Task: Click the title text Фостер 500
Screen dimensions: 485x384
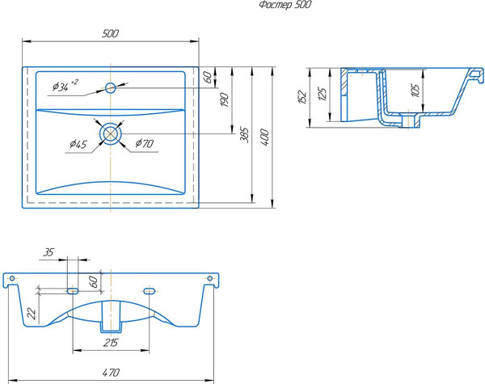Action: [x=285, y=5]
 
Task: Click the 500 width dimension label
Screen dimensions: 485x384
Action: [x=110, y=33]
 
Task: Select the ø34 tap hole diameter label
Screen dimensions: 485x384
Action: [x=65, y=86]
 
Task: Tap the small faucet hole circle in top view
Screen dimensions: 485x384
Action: [x=111, y=88]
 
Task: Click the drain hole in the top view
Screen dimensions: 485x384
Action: [x=110, y=133]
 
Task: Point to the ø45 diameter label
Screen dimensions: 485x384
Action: [x=78, y=144]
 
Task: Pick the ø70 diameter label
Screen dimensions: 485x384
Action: [x=144, y=143]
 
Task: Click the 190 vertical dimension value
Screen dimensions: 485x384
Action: [x=225, y=100]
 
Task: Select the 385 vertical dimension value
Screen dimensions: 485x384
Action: [x=245, y=134]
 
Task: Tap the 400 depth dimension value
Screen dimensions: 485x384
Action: [x=264, y=137]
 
